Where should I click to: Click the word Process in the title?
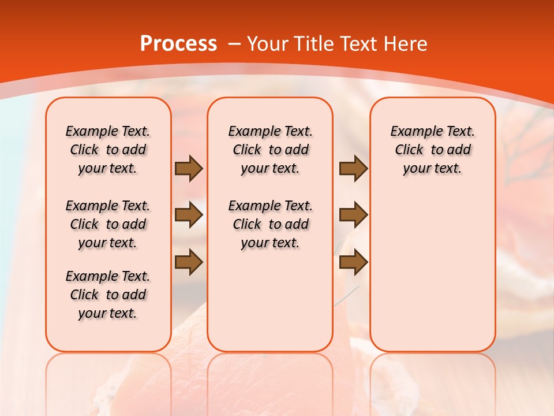pos(178,44)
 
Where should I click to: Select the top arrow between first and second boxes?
pos(189,168)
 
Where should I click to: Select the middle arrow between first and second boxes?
pos(189,216)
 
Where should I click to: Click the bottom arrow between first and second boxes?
pos(189,263)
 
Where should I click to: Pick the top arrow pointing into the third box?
pos(353,168)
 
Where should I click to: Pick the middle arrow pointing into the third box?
pos(353,215)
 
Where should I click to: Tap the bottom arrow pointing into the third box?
pos(353,262)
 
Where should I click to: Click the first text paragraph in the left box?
pos(108,150)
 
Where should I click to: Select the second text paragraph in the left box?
pos(108,224)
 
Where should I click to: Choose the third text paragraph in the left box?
pos(108,295)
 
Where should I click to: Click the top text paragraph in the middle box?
pos(270,150)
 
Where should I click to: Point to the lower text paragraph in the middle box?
pos(270,224)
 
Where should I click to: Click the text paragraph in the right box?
pos(432,150)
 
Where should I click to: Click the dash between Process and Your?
pos(234,44)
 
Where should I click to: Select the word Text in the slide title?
pos(361,44)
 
